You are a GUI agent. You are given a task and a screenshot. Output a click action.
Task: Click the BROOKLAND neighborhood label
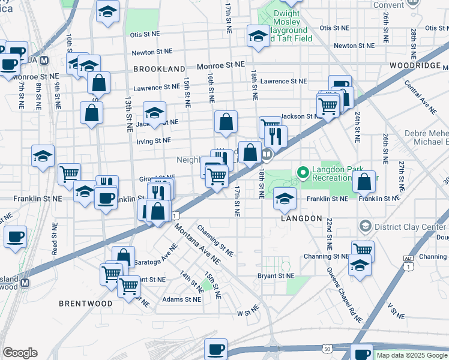coord(159,69)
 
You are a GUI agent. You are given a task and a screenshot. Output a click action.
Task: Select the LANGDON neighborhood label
coord(301,219)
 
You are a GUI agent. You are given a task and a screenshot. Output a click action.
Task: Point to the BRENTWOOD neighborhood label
coord(86,304)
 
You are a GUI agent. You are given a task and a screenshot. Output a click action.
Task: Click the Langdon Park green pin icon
coord(303,173)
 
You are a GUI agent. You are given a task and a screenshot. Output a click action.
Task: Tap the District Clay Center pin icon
coord(364,226)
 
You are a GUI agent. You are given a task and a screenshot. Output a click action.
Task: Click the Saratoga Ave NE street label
coord(155,255)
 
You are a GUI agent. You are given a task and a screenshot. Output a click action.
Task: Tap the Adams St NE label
coord(182,299)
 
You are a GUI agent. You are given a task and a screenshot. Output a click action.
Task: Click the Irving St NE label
coord(154,140)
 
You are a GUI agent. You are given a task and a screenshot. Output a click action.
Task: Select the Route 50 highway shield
coord(327,348)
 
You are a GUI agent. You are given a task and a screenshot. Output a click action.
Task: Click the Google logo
coord(20,353)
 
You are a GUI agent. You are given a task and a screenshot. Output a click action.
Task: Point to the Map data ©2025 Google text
coord(412,355)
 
